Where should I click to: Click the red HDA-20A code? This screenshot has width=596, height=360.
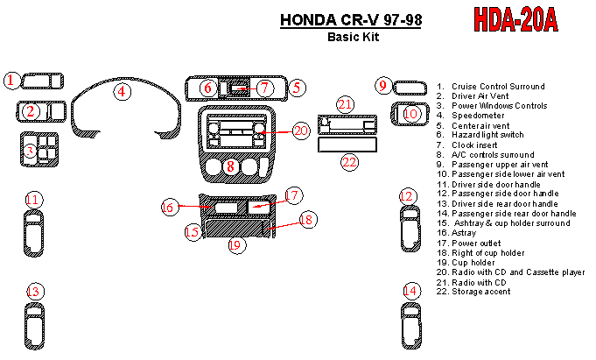click(515, 19)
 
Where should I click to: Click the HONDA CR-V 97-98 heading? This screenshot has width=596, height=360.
click(351, 20)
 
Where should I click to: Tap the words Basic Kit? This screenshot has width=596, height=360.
click(354, 37)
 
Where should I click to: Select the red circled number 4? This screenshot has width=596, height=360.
click(122, 91)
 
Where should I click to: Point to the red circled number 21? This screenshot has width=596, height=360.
click(345, 104)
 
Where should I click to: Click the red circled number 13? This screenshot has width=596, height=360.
click(35, 292)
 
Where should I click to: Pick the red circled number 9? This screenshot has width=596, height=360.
click(383, 85)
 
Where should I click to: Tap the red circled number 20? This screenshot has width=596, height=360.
click(301, 131)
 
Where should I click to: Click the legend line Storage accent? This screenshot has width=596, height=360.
click(473, 292)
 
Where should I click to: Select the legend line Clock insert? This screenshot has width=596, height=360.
click(467, 145)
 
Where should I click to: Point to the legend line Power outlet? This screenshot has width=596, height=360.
click(469, 244)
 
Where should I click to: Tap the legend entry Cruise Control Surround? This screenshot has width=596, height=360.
click(491, 87)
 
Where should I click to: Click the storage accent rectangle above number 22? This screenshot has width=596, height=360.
click(347, 145)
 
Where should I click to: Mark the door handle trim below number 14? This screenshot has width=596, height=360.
click(411, 326)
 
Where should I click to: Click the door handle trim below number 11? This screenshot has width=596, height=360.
click(33, 233)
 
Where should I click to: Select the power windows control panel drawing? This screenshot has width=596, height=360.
click(39, 150)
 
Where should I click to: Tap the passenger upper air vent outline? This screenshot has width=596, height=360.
click(410, 88)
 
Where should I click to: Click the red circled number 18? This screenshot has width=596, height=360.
click(306, 219)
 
